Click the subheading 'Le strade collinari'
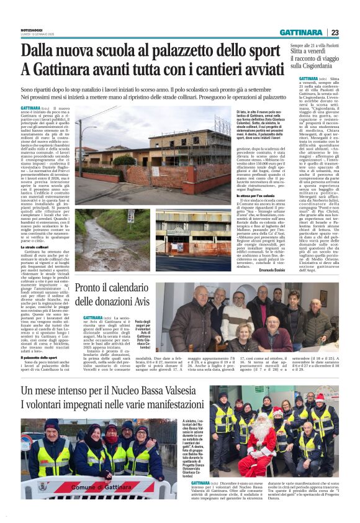pyautogui.click(x=35, y=247)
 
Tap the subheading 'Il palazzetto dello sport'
pyautogui.click(x=40, y=357)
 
